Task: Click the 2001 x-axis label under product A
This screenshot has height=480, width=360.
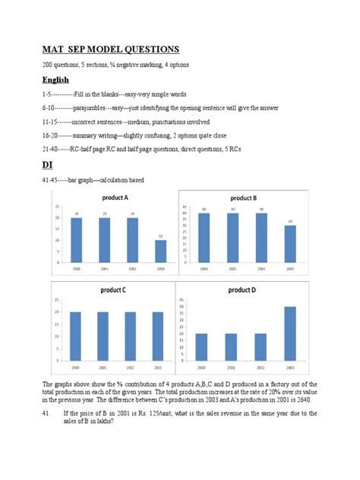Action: click(x=104, y=268)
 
